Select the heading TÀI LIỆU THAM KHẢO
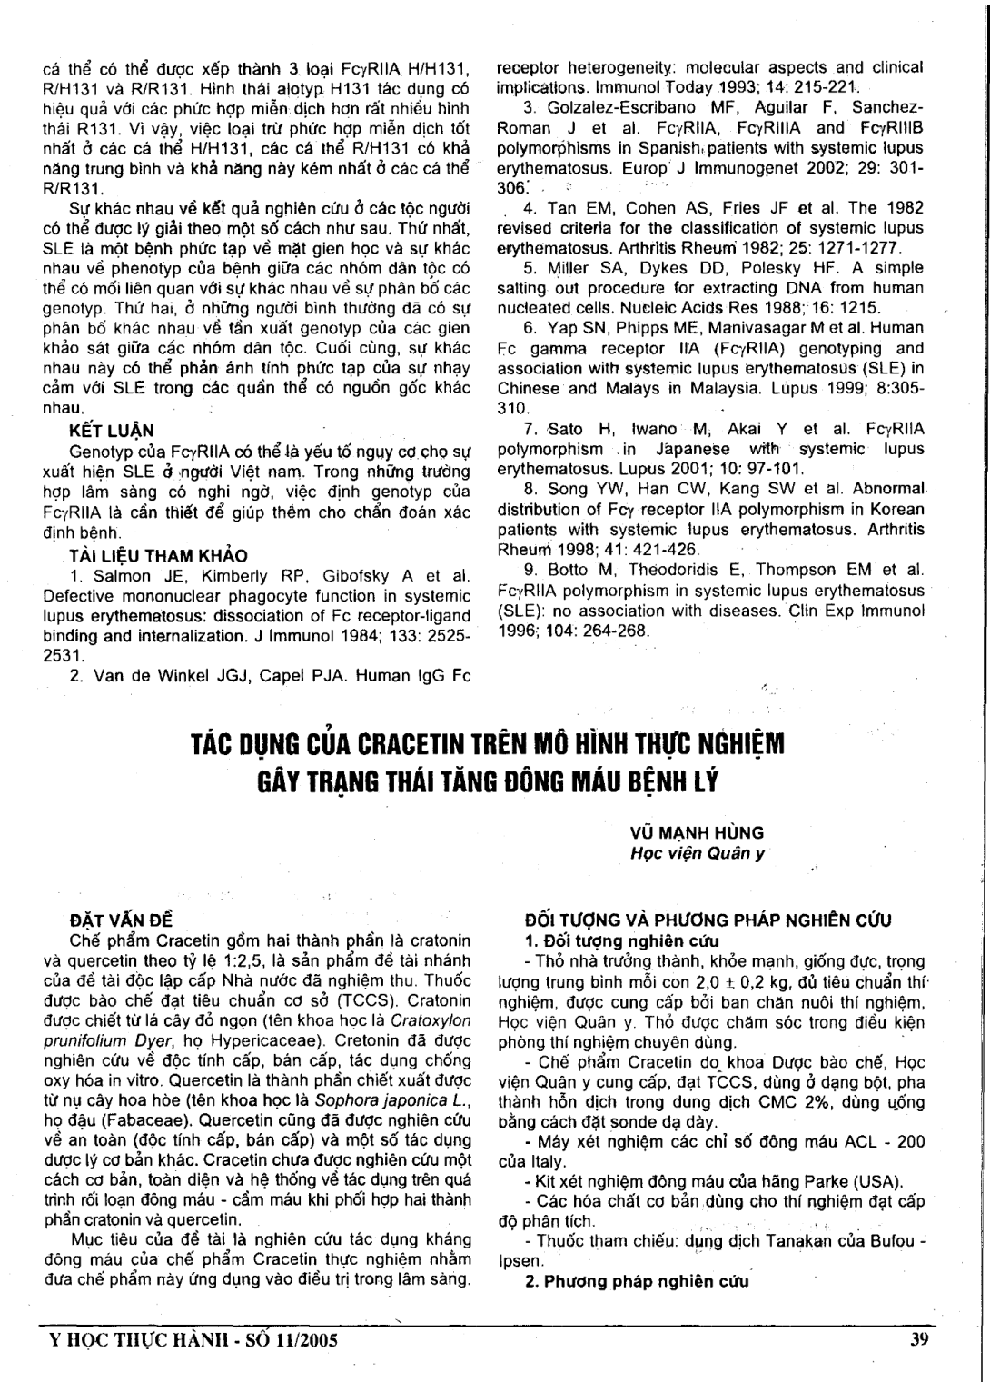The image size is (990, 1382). point(158,555)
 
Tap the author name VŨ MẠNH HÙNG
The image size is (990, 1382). point(697,832)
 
